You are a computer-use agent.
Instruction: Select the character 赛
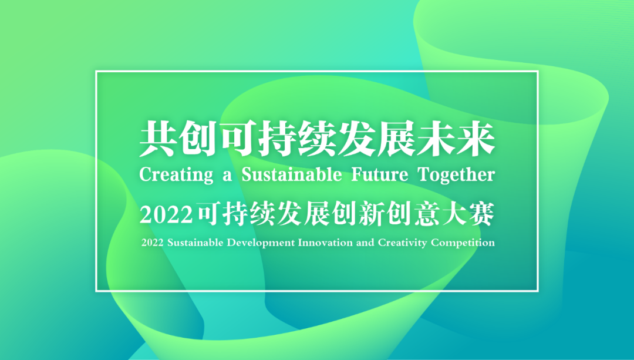pyautogui.click(x=484, y=216)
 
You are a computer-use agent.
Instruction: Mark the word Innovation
pyautogui.click(x=325, y=243)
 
